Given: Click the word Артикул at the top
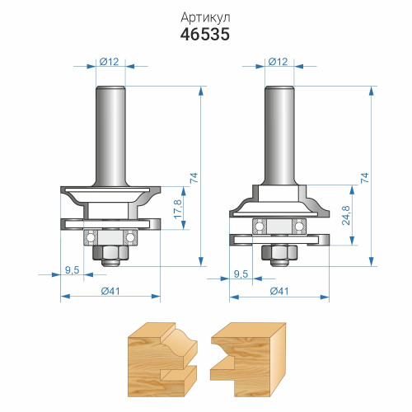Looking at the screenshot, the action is tap(205, 18).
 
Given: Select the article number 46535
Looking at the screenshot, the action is tap(205, 35).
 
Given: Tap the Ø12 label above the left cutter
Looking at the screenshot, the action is tap(110, 62).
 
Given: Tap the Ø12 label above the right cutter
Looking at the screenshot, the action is tap(278, 62).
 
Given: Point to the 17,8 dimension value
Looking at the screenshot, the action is tap(178, 209).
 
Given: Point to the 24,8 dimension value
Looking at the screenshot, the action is tap(346, 215).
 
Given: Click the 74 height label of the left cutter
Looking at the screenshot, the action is tap(194, 178).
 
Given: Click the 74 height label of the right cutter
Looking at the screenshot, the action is tap(364, 178).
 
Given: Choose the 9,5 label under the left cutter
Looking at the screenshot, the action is tap(73, 270).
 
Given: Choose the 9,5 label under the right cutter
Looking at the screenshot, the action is tap(241, 274).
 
